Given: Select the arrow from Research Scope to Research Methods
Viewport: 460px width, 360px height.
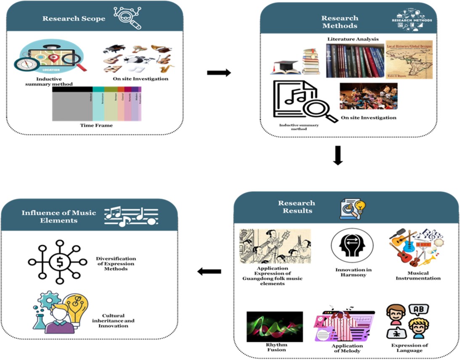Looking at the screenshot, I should click(x=219, y=73).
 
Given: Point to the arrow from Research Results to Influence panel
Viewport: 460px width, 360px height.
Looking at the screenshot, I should click(x=209, y=272).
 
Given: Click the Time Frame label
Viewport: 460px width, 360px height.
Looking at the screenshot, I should click(x=97, y=125).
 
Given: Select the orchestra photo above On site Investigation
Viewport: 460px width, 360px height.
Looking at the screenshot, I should click(x=368, y=96).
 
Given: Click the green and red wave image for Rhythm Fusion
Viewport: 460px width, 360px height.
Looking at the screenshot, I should click(x=275, y=326).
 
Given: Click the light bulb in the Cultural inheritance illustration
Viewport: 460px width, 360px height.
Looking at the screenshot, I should click(x=77, y=309).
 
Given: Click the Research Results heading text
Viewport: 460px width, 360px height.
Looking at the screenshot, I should click(x=296, y=206).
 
